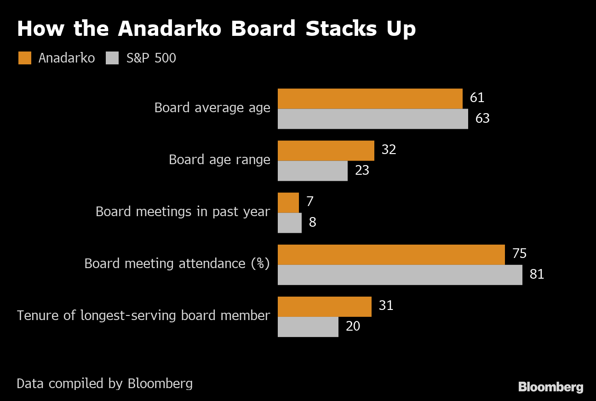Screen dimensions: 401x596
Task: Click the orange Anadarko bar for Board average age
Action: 370,98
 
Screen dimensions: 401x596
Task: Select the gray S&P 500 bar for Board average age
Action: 372,119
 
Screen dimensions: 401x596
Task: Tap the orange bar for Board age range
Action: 326,150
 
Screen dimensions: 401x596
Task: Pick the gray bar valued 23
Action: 312,171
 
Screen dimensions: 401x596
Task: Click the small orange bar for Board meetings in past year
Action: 288,202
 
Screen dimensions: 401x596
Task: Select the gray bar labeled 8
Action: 289,223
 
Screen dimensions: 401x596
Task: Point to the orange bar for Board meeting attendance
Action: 391,254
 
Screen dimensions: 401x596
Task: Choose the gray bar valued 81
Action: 400,275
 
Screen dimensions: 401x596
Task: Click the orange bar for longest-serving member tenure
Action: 324,306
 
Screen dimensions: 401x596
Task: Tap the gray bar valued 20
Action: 308,327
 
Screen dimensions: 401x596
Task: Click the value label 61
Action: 477,98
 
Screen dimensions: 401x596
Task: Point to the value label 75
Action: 519,254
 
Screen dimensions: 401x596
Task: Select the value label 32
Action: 389,150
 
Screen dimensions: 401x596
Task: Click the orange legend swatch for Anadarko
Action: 25,58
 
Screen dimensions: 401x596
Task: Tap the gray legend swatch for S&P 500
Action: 113,58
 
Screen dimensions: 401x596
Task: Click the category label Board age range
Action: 219,160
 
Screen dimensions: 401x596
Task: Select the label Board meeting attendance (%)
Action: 177,264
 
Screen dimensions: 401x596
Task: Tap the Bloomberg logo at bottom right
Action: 550,387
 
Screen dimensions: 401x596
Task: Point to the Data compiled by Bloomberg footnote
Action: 104,384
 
